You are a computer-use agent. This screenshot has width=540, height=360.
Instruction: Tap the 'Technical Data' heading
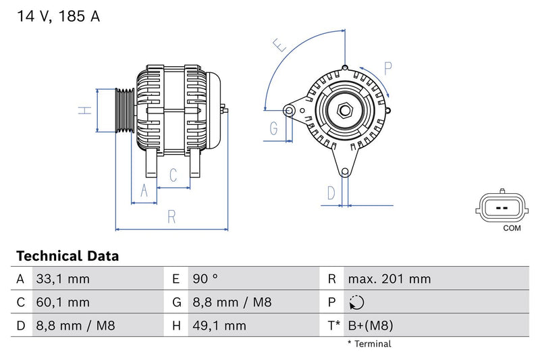pyautogui.click(x=67, y=256)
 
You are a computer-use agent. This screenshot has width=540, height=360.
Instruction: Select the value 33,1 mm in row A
pyautogui.click(x=62, y=279)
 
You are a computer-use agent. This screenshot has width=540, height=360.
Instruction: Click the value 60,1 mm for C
pyautogui.click(x=62, y=303)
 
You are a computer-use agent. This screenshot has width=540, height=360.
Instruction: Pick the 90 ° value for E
pyautogui.click(x=206, y=279)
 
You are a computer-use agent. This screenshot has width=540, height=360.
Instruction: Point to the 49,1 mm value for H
pyautogui.click(x=219, y=326)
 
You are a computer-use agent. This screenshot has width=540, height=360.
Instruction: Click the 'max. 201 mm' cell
pyautogui.click(x=389, y=279)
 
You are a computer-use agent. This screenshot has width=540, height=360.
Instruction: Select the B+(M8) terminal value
pyautogui.click(x=370, y=326)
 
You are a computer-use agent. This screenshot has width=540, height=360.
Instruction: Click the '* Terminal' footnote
pyautogui.click(x=369, y=344)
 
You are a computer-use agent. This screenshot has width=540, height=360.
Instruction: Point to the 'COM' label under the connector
pyautogui.click(x=512, y=228)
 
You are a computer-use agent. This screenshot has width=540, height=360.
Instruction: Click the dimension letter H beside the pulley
pyautogui.click(x=84, y=110)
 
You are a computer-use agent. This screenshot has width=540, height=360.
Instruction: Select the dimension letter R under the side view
pyautogui.click(x=172, y=216)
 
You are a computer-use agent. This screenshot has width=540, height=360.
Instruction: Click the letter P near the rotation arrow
pyautogui.click(x=388, y=68)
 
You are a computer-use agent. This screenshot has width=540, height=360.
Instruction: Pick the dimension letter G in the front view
pyautogui.click(x=273, y=128)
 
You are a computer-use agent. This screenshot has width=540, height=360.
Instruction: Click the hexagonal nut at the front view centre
pyautogui.click(x=344, y=110)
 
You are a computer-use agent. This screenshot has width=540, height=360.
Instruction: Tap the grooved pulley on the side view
pyautogui.click(x=124, y=110)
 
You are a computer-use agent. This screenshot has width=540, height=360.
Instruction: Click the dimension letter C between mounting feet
pyautogui.click(x=173, y=176)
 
